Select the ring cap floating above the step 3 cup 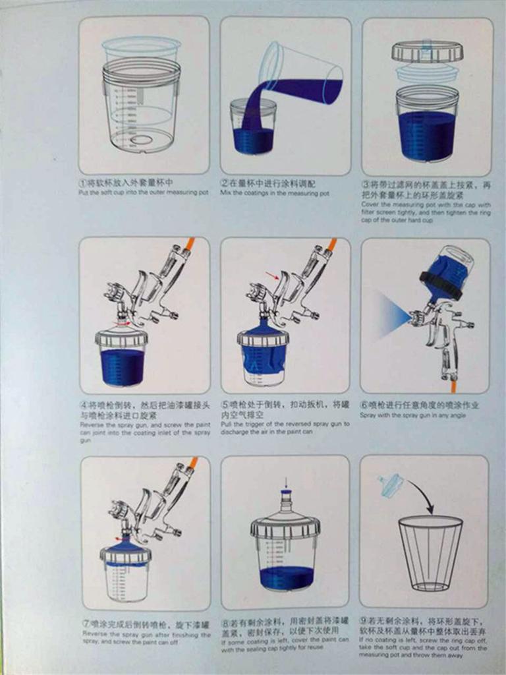pos(427,51)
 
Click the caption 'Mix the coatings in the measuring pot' pos(275,193)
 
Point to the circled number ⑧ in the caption pos(225,621)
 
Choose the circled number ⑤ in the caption pos(225,405)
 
